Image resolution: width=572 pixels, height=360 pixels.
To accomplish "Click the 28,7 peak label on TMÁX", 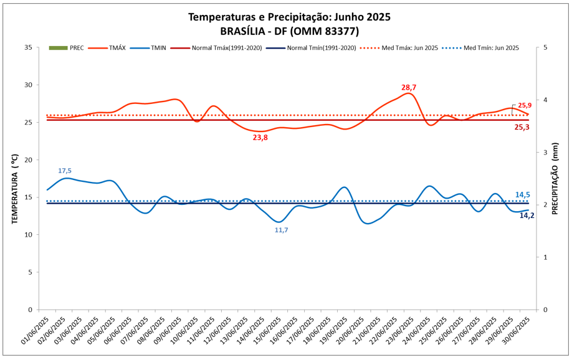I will pos(408,88).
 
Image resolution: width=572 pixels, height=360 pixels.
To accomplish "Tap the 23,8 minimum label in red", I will pos(260,138).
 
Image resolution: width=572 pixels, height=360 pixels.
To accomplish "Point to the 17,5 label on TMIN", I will pos(65,171).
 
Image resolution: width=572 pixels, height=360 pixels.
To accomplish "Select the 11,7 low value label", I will pos(281,230).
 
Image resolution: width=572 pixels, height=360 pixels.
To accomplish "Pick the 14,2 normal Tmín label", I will pos(527,216).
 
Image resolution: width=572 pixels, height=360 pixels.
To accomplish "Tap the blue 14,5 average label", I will pos(523,195).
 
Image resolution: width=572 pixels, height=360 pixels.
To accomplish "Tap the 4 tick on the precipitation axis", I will pos(546,100).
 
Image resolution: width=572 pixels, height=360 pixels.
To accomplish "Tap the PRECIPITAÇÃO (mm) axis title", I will pos(555,179).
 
